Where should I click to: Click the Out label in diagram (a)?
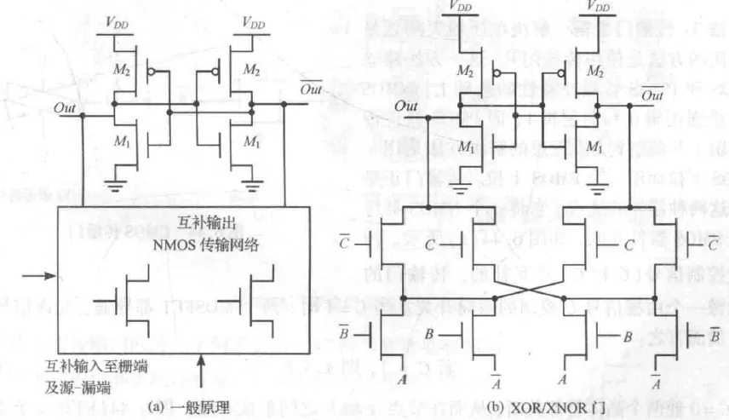[x=64, y=109]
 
